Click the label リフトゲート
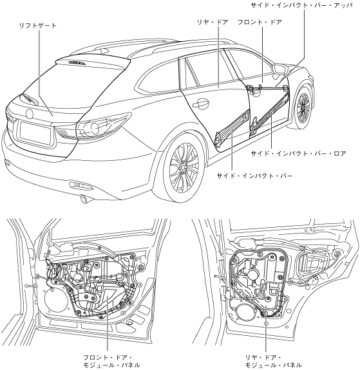(38, 26)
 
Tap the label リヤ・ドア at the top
(213, 23)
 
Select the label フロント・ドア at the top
(260, 23)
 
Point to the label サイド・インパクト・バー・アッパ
(301, 5)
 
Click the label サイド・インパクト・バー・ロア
(299, 154)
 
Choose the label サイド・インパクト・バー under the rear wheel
(255, 176)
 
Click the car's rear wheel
(184, 167)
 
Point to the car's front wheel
(303, 107)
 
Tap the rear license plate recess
(35, 133)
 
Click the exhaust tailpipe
(84, 199)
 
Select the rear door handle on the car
(200, 103)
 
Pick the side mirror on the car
(280, 69)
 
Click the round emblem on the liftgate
(29, 114)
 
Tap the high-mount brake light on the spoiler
(77, 62)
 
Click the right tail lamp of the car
(103, 126)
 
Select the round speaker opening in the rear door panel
(242, 314)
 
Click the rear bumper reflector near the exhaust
(81, 185)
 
